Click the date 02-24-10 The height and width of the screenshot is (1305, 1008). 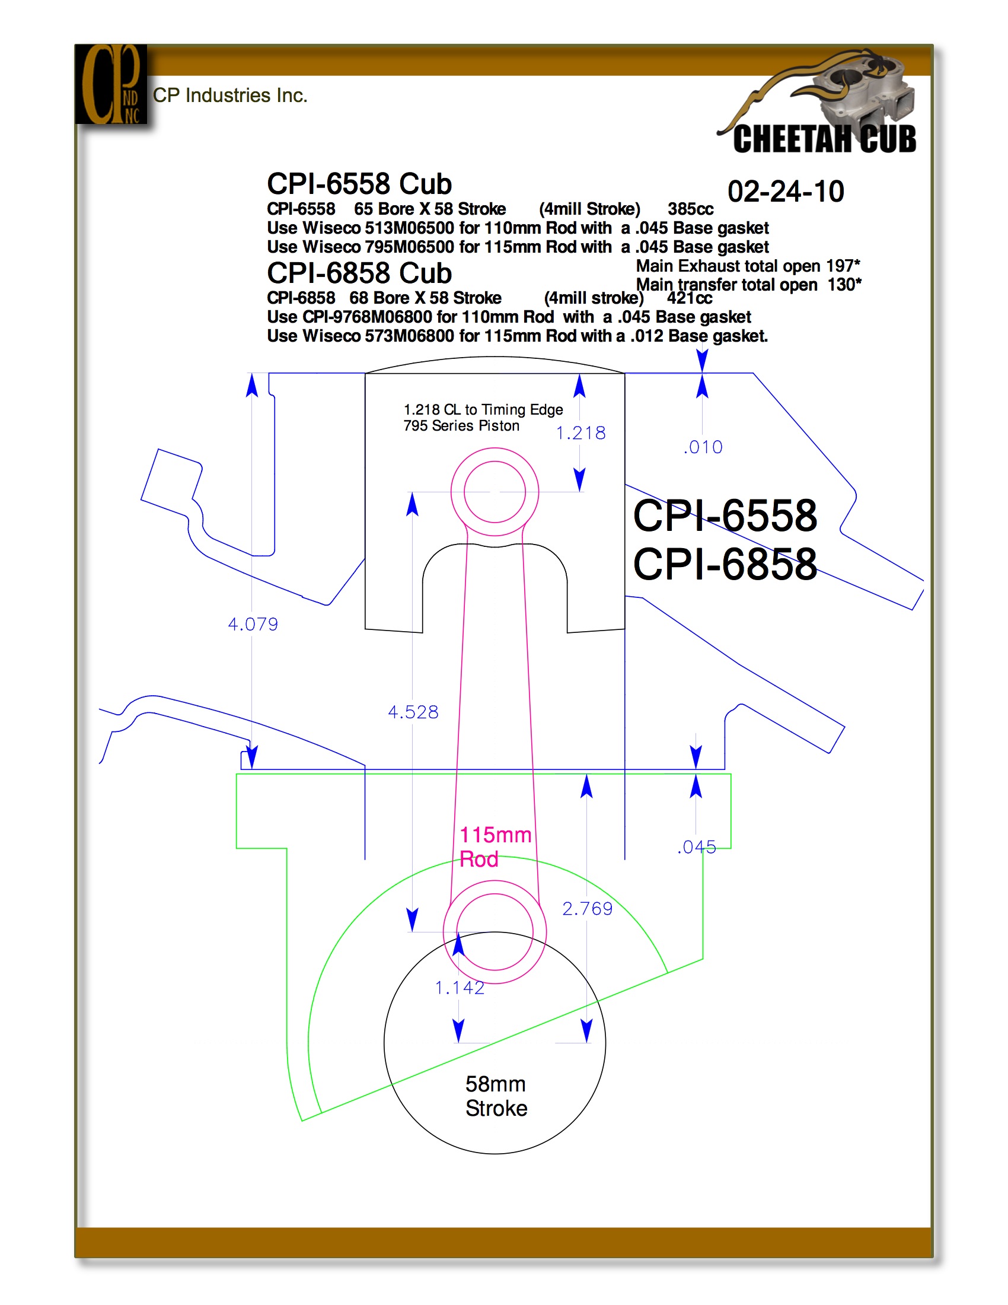(785, 192)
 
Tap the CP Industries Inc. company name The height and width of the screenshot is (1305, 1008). (230, 96)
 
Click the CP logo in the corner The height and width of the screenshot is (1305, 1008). (111, 84)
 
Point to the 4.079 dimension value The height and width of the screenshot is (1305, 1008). (253, 625)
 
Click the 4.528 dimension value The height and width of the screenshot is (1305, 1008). (413, 712)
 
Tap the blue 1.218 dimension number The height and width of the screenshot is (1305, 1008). (581, 433)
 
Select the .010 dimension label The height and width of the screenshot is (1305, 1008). (703, 447)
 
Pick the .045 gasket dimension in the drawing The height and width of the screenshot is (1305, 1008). (697, 846)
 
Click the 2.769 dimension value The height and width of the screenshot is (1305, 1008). (588, 909)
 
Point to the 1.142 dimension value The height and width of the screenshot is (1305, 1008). (460, 988)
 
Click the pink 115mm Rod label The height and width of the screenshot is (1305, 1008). (495, 846)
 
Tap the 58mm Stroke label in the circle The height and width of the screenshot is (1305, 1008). (496, 1096)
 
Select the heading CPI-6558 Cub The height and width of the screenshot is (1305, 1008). (359, 183)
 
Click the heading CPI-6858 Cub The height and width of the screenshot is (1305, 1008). (359, 273)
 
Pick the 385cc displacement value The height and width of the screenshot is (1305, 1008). (690, 209)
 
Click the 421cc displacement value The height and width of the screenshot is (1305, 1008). (689, 298)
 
